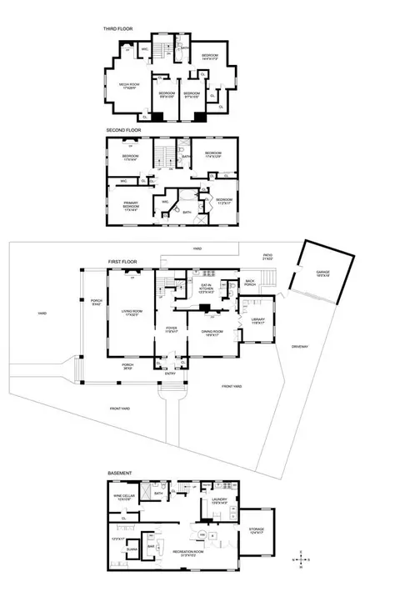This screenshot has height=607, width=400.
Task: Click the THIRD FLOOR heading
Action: (x=118, y=28)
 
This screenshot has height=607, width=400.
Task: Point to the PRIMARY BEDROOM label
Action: (x=131, y=203)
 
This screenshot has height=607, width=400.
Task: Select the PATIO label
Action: (x=267, y=256)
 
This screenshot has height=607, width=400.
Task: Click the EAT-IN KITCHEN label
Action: (x=207, y=288)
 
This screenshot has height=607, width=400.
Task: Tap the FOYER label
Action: (x=172, y=329)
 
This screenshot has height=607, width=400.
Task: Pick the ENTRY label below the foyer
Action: (x=171, y=373)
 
